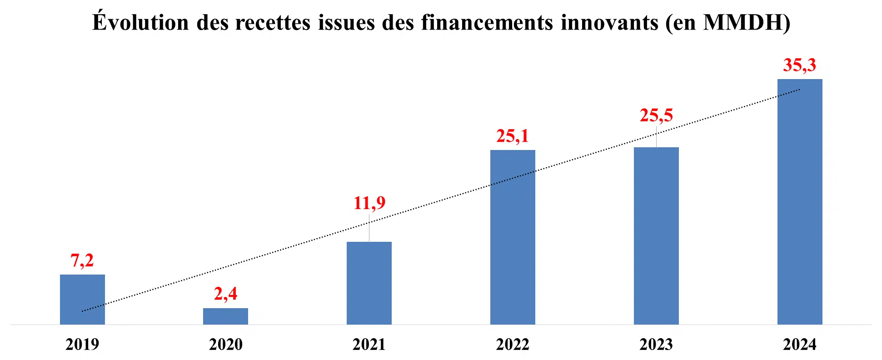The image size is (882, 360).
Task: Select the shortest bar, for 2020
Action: coord(225,316)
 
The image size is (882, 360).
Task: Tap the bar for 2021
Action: coord(369,283)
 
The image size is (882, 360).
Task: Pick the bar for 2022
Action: coord(513,237)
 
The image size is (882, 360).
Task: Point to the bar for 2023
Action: coord(656,235)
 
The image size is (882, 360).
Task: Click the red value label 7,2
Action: coord(82,260)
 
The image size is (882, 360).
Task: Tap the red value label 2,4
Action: coord(225,294)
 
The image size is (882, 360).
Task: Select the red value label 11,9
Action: coord(369,203)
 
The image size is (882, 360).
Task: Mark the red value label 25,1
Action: coord(513,136)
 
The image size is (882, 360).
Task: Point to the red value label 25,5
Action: coord(656,115)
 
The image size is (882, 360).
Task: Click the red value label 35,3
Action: coord(800,65)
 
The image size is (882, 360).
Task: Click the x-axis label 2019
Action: coord(82,345)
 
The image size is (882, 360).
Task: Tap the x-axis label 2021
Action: coord(369,345)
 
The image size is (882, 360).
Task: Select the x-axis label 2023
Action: coord(656,345)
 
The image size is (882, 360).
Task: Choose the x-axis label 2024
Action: coord(800,345)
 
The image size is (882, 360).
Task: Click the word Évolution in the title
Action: coord(140,22)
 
